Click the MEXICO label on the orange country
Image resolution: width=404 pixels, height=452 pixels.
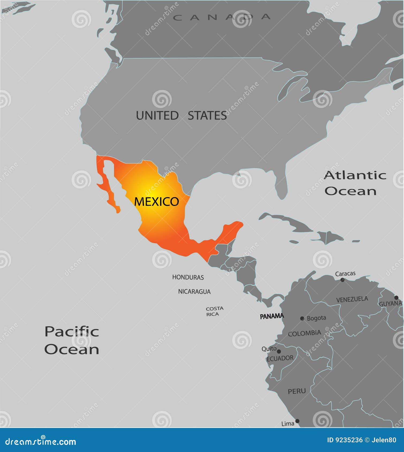click(157, 201)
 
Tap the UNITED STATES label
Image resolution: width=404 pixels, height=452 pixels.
click(181, 116)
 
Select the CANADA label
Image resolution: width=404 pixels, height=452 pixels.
click(222, 17)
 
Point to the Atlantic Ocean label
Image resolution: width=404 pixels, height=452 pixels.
click(355, 183)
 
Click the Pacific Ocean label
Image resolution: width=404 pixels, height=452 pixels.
click(72, 340)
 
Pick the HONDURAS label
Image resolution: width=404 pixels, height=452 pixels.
click(188, 277)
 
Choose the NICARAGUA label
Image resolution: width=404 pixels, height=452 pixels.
click(194, 292)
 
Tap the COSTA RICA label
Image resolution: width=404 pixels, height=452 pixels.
click(214, 311)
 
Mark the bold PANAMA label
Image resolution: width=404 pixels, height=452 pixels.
click(272, 316)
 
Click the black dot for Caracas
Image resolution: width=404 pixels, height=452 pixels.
click(342, 280)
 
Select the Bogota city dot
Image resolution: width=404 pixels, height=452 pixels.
click(302, 318)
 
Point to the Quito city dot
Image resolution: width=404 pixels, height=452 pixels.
click(279, 351)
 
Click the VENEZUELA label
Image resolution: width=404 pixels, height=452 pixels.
click(352, 299)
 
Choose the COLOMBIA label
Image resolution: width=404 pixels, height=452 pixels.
click(304, 333)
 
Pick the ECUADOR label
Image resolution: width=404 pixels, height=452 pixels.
click(280, 358)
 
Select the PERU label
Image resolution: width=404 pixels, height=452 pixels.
click(297, 391)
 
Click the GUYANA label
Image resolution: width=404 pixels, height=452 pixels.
click(390, 304)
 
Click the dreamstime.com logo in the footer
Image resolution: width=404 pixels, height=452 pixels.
click(41, 442)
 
